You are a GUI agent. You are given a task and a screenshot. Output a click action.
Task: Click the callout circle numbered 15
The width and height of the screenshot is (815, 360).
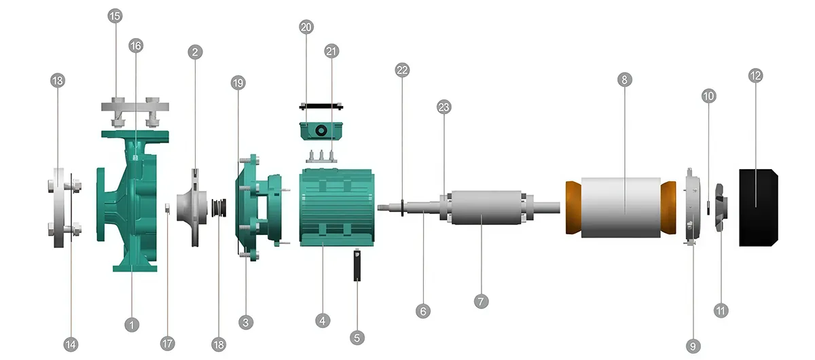click(115, 16)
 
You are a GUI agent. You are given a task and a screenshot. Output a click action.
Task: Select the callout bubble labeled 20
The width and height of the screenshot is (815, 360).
click(306, 27)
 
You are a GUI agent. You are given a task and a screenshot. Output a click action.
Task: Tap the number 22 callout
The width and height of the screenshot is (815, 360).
click(402, 70)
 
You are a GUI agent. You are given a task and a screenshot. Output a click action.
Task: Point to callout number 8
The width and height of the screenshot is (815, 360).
click(625, 79)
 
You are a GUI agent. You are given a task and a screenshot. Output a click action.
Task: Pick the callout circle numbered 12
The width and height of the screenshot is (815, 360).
click(756, 75)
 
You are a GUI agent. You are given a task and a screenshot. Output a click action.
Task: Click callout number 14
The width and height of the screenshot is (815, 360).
click(71, 344)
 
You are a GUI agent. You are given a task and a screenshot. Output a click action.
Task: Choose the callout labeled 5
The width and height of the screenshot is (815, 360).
click(357, 338)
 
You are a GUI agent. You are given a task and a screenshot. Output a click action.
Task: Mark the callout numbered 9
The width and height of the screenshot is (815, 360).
click(693, 346)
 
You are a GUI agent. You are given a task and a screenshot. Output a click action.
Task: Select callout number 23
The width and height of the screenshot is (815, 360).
click(444, 107)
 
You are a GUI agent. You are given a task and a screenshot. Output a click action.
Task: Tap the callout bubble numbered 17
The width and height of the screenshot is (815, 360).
click(167, 344)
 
